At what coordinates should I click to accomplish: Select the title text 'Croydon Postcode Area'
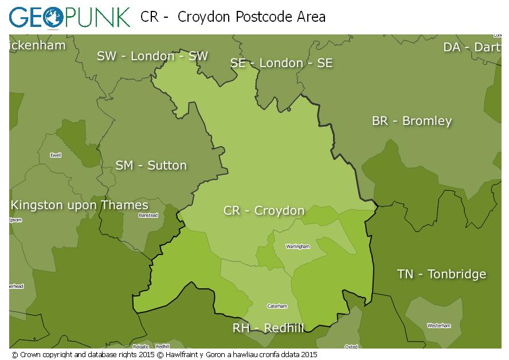(252, 17)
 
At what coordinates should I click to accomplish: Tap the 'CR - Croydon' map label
(264, 211)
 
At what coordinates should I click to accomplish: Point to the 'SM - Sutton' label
(151, 166)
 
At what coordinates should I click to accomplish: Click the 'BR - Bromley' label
(412, 121)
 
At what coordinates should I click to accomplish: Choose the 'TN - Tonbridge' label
(441, 274)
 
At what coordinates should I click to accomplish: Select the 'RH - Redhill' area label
(268, 328)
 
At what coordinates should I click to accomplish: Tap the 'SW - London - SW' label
(152, 56)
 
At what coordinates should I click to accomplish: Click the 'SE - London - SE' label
(281, 63)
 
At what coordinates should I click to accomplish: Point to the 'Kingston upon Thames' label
(79, 205)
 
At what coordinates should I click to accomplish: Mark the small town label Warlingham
(298, 246)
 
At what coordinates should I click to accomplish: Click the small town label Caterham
(277, 306)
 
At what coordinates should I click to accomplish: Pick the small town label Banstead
(148, 216)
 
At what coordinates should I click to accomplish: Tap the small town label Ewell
(56, 155)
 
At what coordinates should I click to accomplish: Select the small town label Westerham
(438, 326)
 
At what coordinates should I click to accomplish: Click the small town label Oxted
(351, 346)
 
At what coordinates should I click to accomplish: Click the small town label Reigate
(141, 346)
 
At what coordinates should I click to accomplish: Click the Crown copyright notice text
(164, 355)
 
